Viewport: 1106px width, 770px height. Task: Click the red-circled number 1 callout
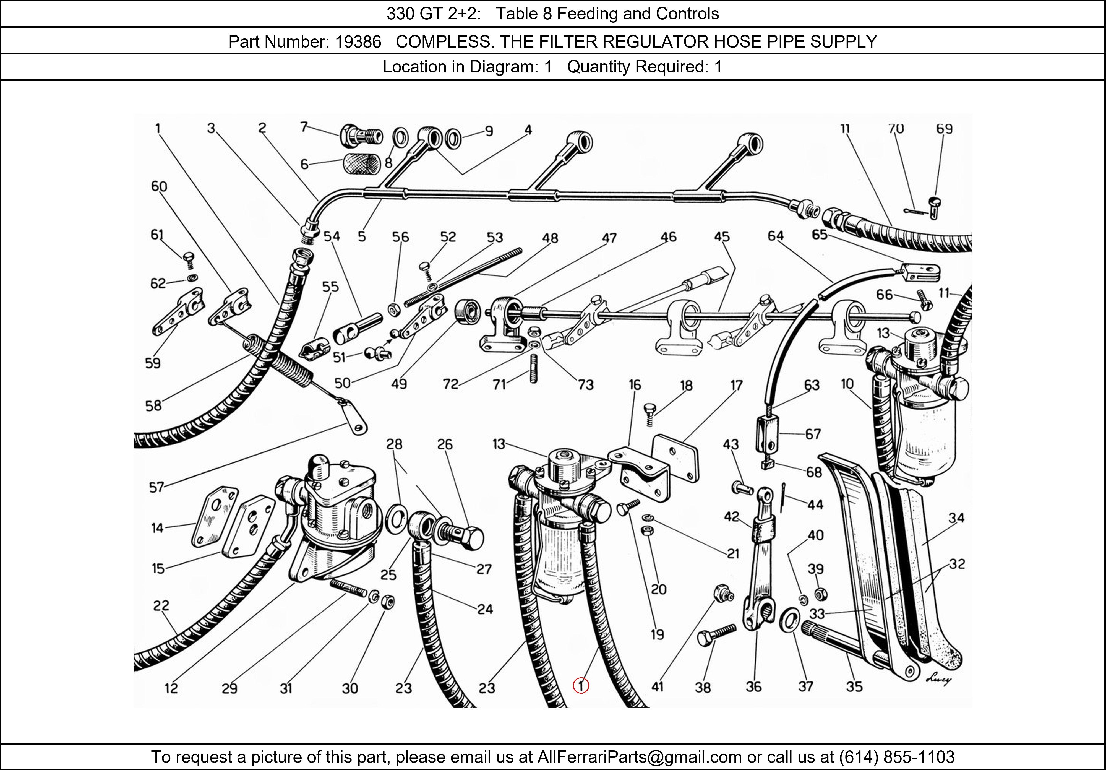[x=581, y=685]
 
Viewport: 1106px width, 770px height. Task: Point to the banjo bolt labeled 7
[x=360, y=135]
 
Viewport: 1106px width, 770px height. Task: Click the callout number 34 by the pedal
[x=956, y=518]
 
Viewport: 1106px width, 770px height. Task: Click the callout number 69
[x=944, y=129]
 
